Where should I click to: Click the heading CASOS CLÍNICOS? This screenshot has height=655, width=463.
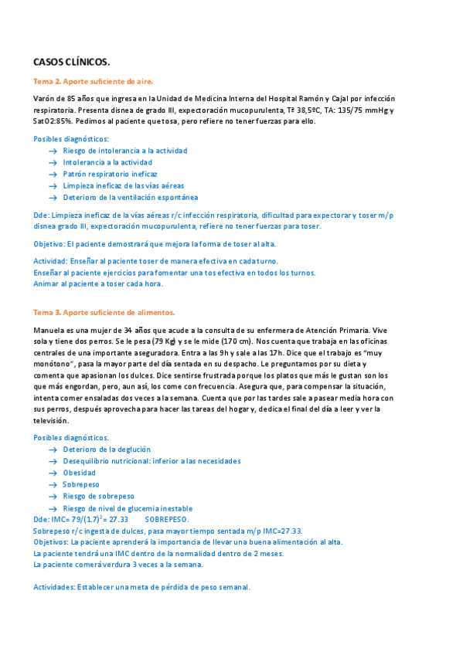coord(71,62)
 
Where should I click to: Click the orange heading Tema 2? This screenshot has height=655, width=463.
coord(93,81)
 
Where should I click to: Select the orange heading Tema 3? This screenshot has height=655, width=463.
coord(98,312)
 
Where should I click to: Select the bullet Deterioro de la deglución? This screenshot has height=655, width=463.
coord(107,449)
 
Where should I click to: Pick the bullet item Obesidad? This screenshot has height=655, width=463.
coord(80,473)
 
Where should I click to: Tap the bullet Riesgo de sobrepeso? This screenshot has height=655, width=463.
coord(98,496)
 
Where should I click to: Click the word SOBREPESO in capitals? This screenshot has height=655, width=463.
coord(167,521)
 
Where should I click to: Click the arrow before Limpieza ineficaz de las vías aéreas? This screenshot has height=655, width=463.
coord(52,186)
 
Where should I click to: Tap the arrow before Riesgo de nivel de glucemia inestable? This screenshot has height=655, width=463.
coord(52,508)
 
